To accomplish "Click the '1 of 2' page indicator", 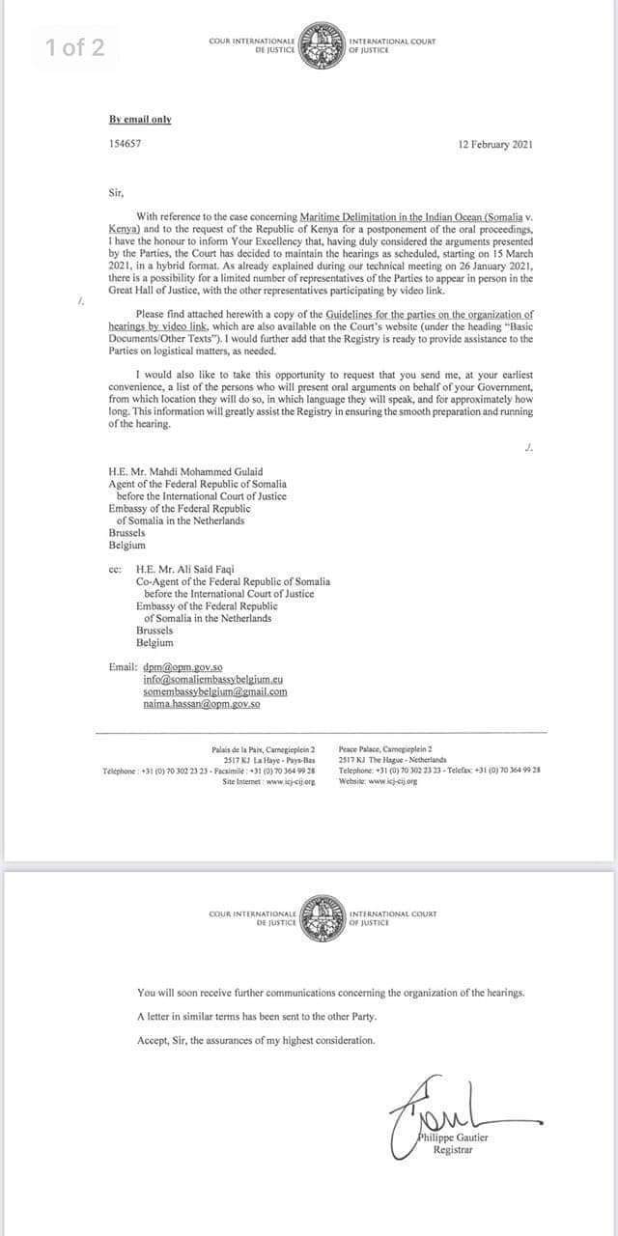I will tap(74, 48).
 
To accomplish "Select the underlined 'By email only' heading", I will tap(140, 120).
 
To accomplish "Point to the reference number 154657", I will tap(125, 144).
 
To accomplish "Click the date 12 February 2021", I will tap(494, 144).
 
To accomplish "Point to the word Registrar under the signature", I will tap(453, 1150).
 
